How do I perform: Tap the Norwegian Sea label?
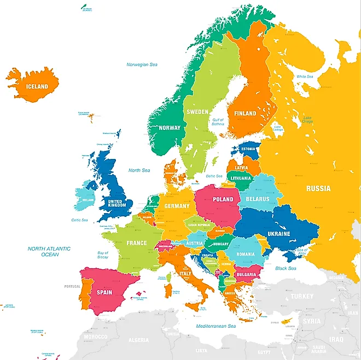coord(142,64)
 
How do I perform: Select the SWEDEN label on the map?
coord(197,112)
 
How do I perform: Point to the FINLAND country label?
coord(245,114)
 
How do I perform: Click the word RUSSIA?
coord(318,188)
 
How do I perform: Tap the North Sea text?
coord(139,170)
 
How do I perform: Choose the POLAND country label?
coord(223,199)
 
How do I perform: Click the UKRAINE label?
coord(278,234)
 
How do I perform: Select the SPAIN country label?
coord(104,292)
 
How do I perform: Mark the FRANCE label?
coord(137,243)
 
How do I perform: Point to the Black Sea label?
coord(286,268)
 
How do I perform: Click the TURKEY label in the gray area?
coord(302,296)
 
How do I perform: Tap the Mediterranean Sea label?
coord(216,326)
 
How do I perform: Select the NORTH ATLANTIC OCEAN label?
coord(50,251)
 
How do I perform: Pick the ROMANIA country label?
coord(245,254)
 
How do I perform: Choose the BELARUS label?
coord(257,199)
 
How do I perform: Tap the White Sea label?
coord(305,76)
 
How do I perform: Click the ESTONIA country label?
coord(248,149)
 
